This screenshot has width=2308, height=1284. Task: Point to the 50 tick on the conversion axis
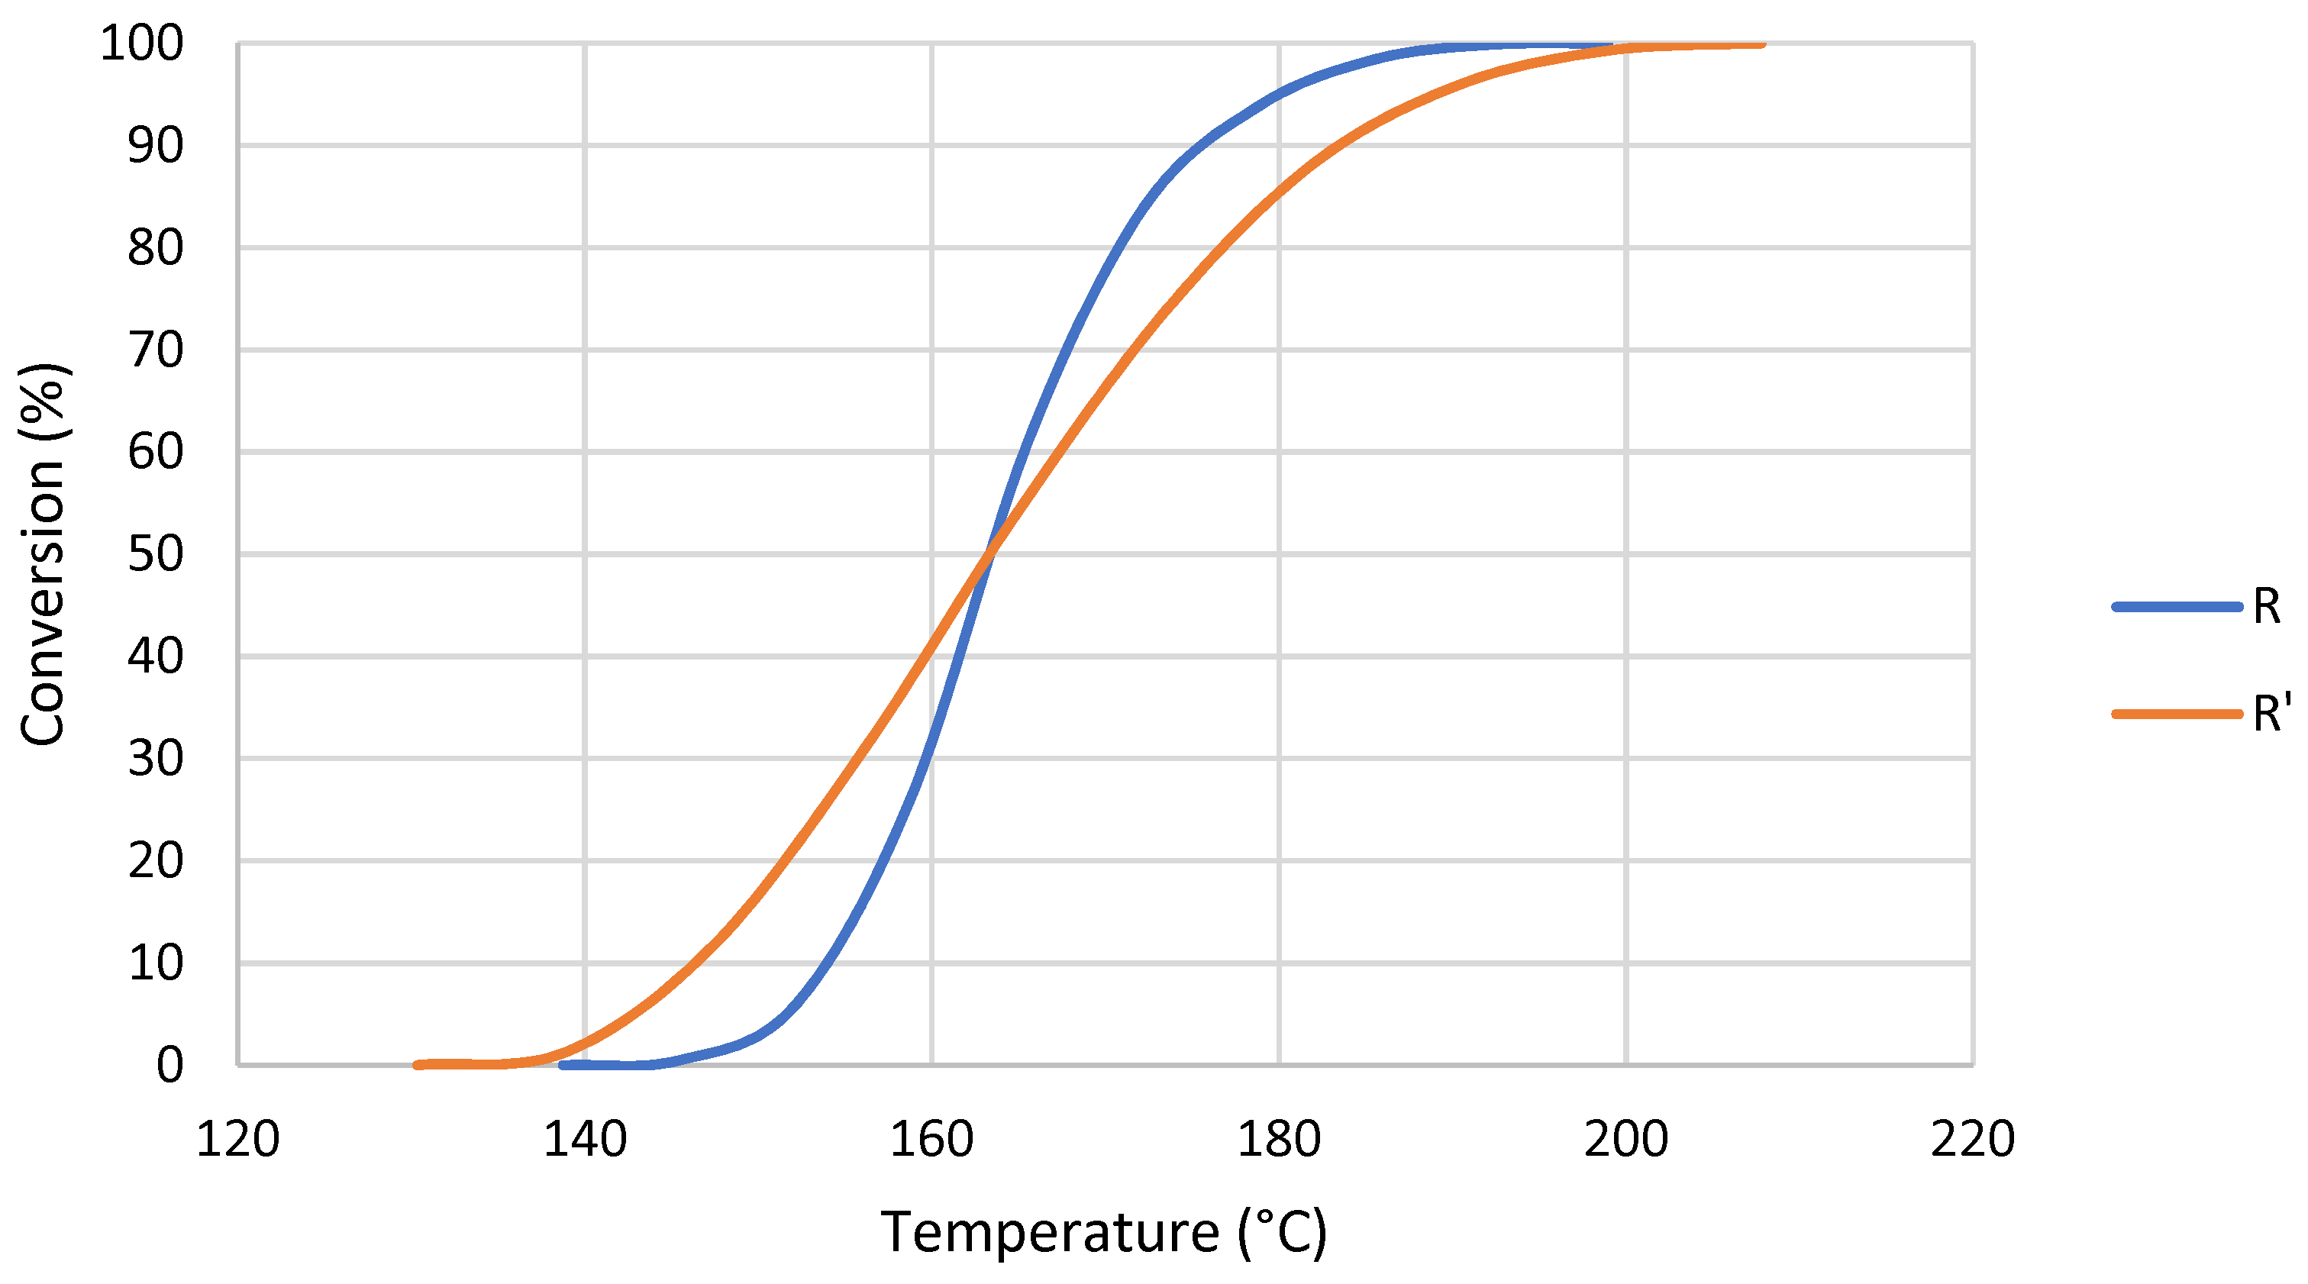155,555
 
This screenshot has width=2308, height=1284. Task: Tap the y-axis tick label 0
169,1066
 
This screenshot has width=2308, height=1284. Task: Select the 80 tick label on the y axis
155,248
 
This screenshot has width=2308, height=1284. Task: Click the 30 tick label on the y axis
155,759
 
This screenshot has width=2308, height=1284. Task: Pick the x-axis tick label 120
237,1140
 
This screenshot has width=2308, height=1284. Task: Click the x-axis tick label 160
931,1140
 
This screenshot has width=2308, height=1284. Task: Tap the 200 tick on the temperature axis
1625,1140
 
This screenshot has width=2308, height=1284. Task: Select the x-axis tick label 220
1972,1140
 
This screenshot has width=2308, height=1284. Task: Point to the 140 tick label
584,1140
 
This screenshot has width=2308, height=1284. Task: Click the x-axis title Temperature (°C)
1104,1232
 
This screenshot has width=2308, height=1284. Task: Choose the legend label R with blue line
2266,608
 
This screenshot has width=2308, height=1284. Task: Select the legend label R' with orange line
2271,714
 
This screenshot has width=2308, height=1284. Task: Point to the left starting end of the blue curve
563,1066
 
